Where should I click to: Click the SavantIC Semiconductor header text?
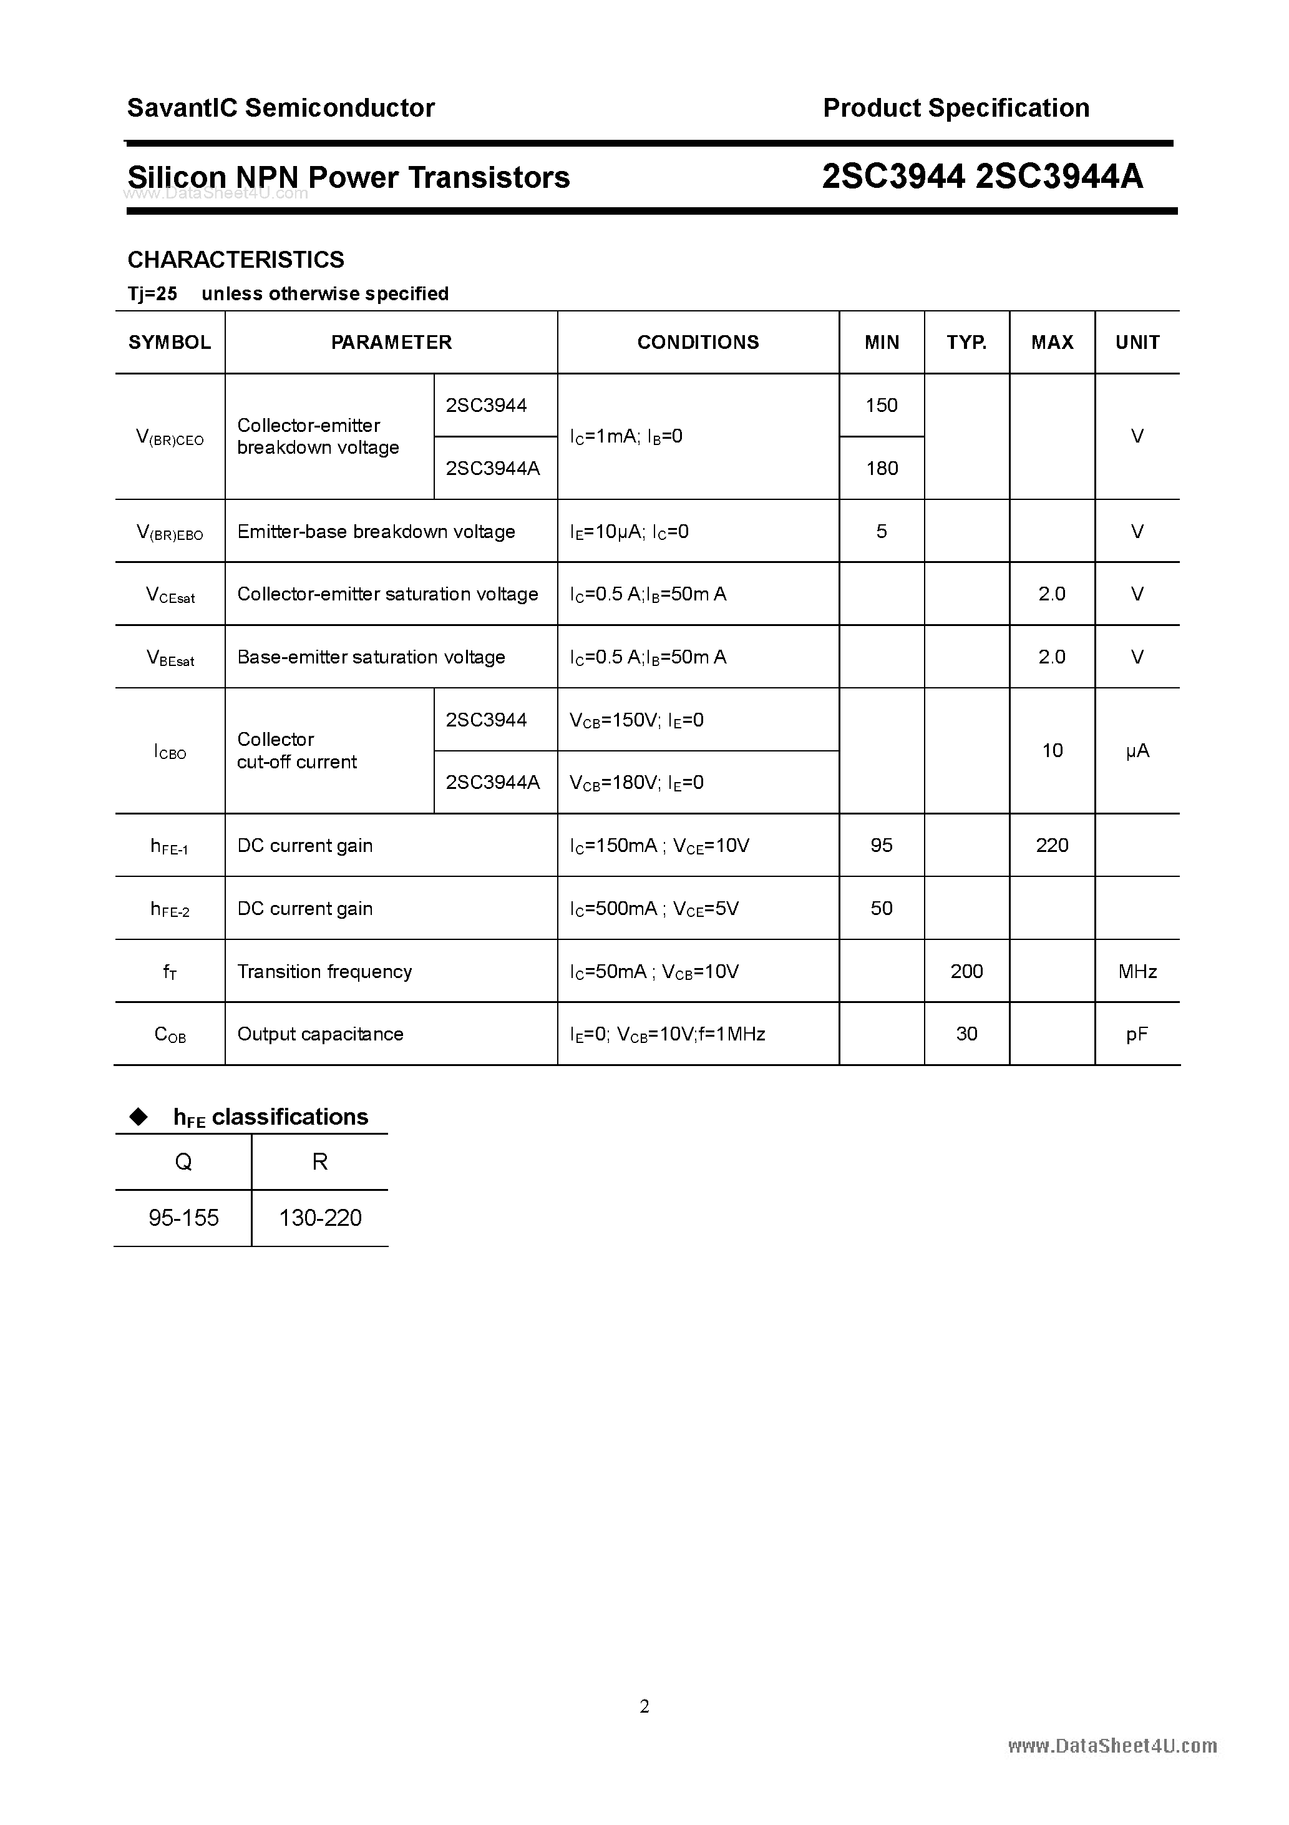[x=281, y=108]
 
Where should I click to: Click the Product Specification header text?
[x=956, y=108]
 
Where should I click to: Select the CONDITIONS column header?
[x=698, y=343]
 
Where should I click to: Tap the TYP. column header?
[x=966, y=343]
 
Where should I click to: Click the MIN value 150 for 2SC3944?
[x=882, y=405]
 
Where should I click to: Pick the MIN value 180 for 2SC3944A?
[x=882, y=468]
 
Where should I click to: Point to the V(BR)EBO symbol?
[x=169, y=532]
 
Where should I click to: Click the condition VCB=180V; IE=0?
[x=636, y=783]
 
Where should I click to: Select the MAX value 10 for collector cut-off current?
[x=1051, y=751]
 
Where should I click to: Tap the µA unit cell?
[x=1137, y=751]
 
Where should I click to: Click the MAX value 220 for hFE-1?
[x=1051, y=846]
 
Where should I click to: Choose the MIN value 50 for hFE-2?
[x=882, y=909]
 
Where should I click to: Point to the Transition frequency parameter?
[x=324, y=971]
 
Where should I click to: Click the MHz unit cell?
[x=1137, y=971]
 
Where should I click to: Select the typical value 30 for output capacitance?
[x=966, y=1034]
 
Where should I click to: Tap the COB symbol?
[x=169, y=1035]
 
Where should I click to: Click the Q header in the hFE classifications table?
[x=183, y=1162]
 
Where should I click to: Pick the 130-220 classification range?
[x=320, y=1218]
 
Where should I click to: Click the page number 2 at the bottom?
[x=644, y=1706]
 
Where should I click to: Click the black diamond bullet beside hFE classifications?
[x=139, y=1117]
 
